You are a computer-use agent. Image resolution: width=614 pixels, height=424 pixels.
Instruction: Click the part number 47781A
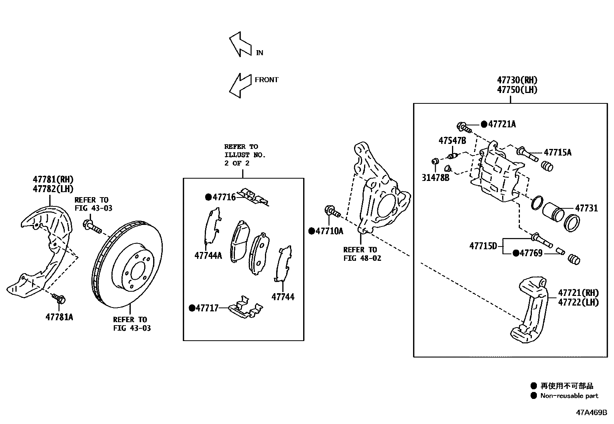click(x=59, y=317)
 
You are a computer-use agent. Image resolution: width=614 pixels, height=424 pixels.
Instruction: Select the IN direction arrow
click(x=240, y=44)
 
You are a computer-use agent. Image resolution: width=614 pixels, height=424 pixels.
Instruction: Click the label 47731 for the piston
click(x=586, y=208)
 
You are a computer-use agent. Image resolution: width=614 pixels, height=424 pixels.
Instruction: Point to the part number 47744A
click(x=208, y=255)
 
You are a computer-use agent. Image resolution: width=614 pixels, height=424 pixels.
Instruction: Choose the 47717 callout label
click(x=207, y=308)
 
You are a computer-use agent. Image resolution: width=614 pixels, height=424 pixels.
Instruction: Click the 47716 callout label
click(x=224, y=197)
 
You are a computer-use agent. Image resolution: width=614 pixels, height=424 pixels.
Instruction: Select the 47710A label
click(x=329, y=231)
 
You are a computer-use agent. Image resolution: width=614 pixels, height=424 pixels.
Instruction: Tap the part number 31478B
click(x=435, y=178)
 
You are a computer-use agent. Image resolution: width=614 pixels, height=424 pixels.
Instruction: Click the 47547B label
click(x=452, y=141)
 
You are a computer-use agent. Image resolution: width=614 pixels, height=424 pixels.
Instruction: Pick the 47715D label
click(x=483, y=245)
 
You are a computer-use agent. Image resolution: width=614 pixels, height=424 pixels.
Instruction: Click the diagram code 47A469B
click(x=591, y=412)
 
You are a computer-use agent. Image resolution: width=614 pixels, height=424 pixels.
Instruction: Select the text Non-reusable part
click(x=569, y=395)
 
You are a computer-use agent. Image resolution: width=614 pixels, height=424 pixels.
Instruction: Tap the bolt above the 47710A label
click(x=332, y=211)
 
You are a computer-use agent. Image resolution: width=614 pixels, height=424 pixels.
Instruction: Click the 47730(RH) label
click(x=517, y=80)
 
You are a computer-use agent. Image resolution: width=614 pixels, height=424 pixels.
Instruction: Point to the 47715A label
click(x=558, y=152)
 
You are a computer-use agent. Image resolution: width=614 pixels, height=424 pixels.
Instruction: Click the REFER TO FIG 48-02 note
click(x=362, y=254)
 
